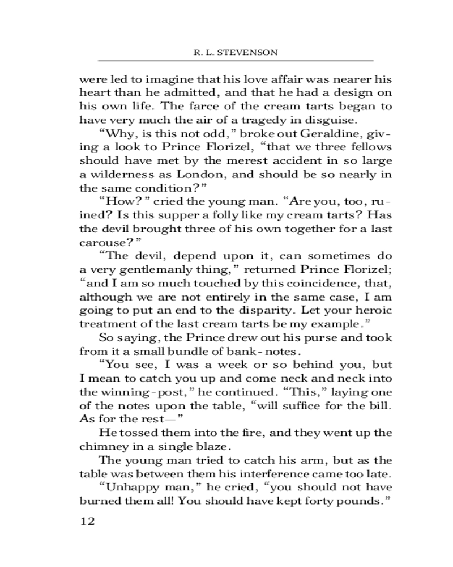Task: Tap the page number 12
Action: [x=86, y=521]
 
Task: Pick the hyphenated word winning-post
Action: [x=126, y=392]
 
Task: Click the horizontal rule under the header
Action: [x=236, y=60]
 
